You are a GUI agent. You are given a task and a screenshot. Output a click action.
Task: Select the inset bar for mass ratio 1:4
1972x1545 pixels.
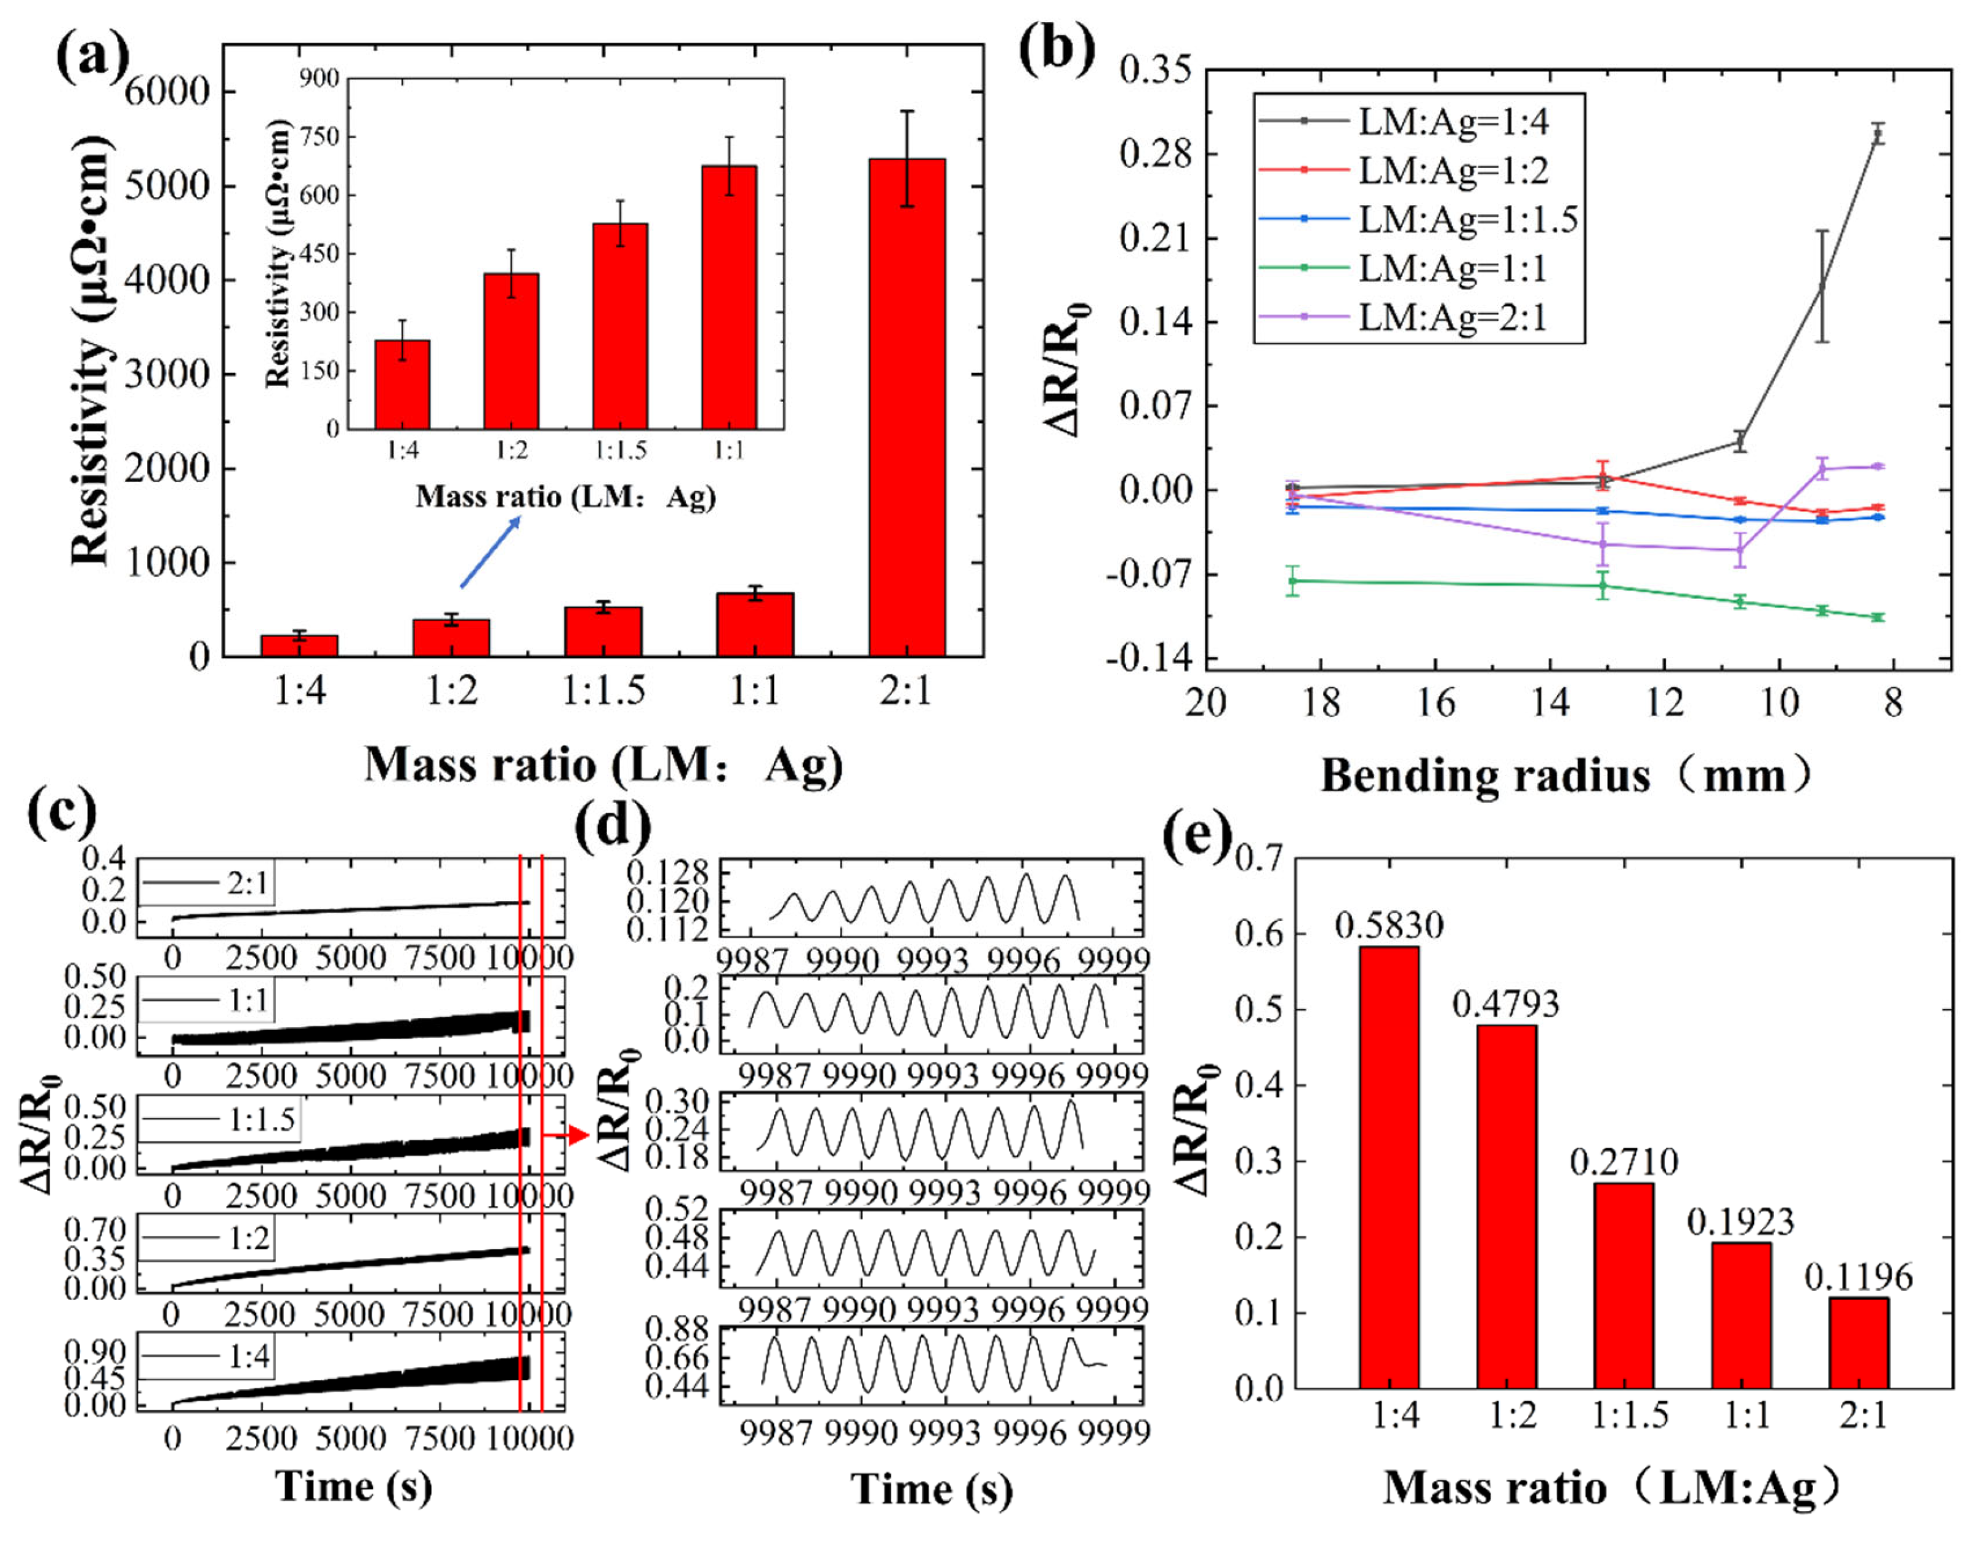coord(403,385)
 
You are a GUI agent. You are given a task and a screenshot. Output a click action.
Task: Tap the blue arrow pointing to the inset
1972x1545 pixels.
coord(490,552)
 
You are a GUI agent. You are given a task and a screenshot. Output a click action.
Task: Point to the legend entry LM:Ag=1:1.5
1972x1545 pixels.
coord(1467,220)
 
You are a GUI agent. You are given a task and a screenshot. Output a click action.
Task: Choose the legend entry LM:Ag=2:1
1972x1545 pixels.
coord(1453,318)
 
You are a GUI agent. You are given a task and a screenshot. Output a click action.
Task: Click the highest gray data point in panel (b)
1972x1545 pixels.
coord(1878,134)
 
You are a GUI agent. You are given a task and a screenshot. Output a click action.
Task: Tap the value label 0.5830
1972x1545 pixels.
coord(1388,925)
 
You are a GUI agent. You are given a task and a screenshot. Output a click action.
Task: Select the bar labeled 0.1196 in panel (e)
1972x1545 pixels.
coord(1858,1342)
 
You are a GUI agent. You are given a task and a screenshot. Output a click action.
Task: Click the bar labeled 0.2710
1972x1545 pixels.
coord(1624,1285)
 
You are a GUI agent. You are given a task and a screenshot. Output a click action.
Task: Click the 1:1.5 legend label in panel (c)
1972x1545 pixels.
coord(262,1120)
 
